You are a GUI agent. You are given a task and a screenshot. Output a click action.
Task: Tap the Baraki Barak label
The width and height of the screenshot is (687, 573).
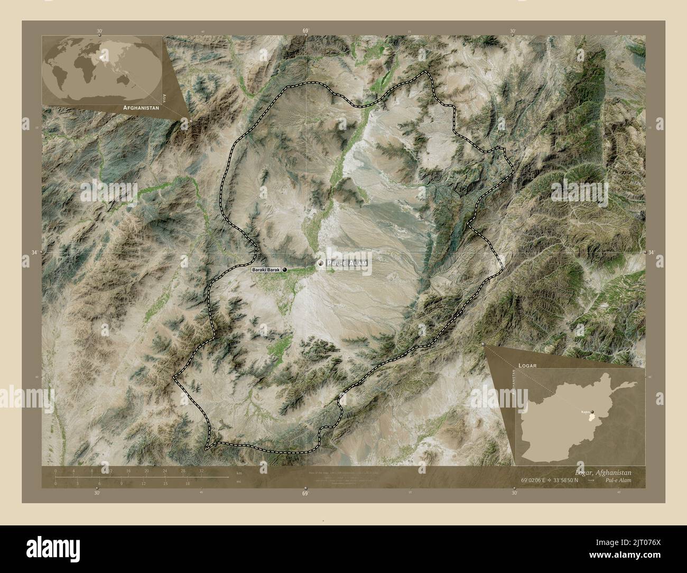(x=266, y=270)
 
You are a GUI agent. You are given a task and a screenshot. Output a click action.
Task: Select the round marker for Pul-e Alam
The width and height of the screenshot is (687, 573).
(x=320, y=263)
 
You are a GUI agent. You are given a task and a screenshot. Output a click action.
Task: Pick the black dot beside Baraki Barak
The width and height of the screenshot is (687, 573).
(x=285, y=270)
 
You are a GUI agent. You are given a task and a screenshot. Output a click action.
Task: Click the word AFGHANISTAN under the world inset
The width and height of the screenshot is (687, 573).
(x=141, y=107)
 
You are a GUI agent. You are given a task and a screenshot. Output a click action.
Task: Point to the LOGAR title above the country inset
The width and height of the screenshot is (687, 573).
(x=527, y=365)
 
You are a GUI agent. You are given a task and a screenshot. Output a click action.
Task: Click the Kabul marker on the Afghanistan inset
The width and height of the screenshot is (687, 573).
(x=592, y=412)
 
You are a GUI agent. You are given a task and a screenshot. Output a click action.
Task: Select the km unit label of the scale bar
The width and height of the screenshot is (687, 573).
(x=239, y=472)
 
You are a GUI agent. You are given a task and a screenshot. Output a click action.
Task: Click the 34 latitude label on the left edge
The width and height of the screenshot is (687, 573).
(x=34, y=253)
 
